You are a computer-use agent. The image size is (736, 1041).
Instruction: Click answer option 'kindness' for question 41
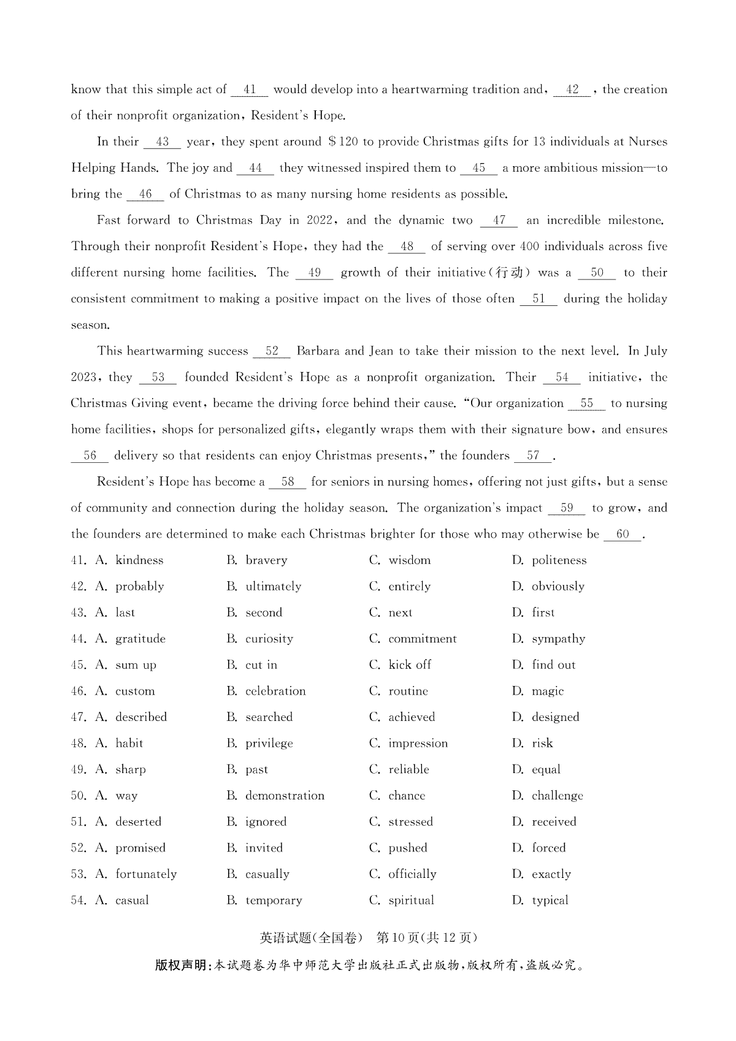[139, 560]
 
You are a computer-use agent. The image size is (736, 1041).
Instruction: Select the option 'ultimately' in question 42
[273, 587]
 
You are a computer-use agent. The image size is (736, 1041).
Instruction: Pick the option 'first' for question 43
[543, 612]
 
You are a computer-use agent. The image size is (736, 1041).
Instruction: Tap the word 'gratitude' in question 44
[140, 639]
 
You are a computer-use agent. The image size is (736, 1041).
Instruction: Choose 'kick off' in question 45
[409, 665]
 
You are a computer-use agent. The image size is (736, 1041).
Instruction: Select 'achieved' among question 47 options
[412, 717]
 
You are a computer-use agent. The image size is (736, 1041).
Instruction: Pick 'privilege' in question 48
[269, 744]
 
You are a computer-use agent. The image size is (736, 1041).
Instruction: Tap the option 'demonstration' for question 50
[285, 796]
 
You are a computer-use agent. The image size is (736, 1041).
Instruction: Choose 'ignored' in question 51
[266, 822]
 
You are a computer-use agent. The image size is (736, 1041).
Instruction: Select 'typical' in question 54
[550, 901]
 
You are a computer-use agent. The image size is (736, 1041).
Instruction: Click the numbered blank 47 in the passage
[499, 221]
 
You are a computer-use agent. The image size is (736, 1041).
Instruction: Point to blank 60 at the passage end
[623, 535]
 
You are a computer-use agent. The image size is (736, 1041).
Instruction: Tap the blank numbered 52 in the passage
[272, 351]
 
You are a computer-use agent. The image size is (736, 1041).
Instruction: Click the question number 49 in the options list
[78, 770]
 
